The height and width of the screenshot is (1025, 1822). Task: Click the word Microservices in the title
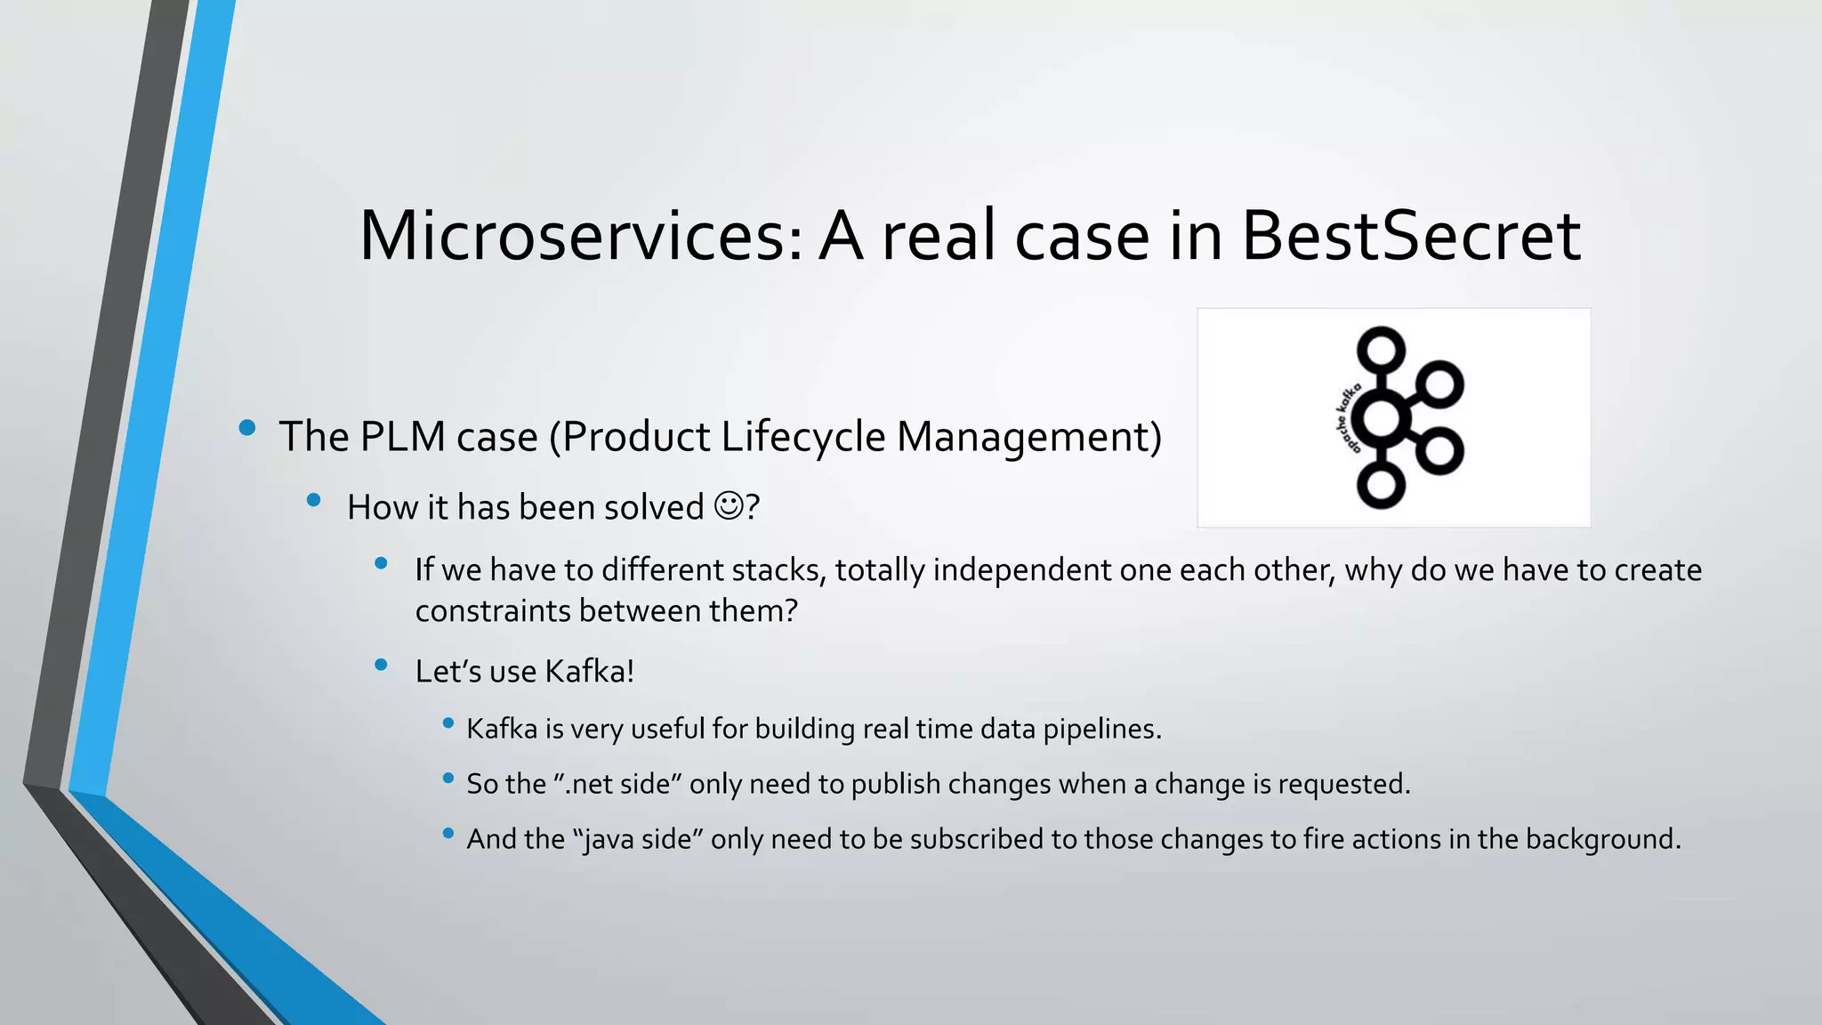click(x=582, y=236)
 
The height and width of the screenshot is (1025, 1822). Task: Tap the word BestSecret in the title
click(x=1410, y=236)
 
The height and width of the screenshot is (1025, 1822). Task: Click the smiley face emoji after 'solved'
click(x=729, y=506)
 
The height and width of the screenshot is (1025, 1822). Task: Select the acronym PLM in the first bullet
click(x=402, y=437)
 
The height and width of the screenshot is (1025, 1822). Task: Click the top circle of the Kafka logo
click(x=1381, y=350)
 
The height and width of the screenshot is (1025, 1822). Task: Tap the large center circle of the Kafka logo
click(x=1382, y=418)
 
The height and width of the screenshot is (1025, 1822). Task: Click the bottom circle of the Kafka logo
click(x=1381, y=486)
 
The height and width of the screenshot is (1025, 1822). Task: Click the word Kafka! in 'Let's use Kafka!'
click(x=589, y=671)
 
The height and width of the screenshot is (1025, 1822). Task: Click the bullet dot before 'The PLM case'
click(x=247, y=429)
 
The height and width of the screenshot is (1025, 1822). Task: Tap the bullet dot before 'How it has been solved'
click(x=313, y=501)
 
